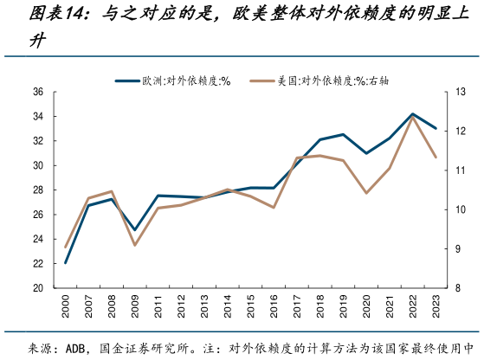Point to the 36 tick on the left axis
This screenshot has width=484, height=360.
[39, 92]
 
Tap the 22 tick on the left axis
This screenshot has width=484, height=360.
[39, 264]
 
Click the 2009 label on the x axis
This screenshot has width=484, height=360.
[134, 308]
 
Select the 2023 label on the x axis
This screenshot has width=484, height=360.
[435, 308]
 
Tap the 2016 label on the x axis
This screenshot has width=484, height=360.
[273, 308]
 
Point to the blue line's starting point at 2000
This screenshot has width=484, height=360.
[66, 263]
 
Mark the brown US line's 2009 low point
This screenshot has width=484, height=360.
[134, 245]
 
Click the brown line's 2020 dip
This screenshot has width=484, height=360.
[366, 193]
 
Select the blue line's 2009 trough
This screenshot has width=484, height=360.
[134, 230]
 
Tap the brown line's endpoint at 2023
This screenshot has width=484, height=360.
[435, 157]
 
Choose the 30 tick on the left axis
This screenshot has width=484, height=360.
[39, 165]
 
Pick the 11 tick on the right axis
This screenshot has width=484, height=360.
[458, 170]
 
